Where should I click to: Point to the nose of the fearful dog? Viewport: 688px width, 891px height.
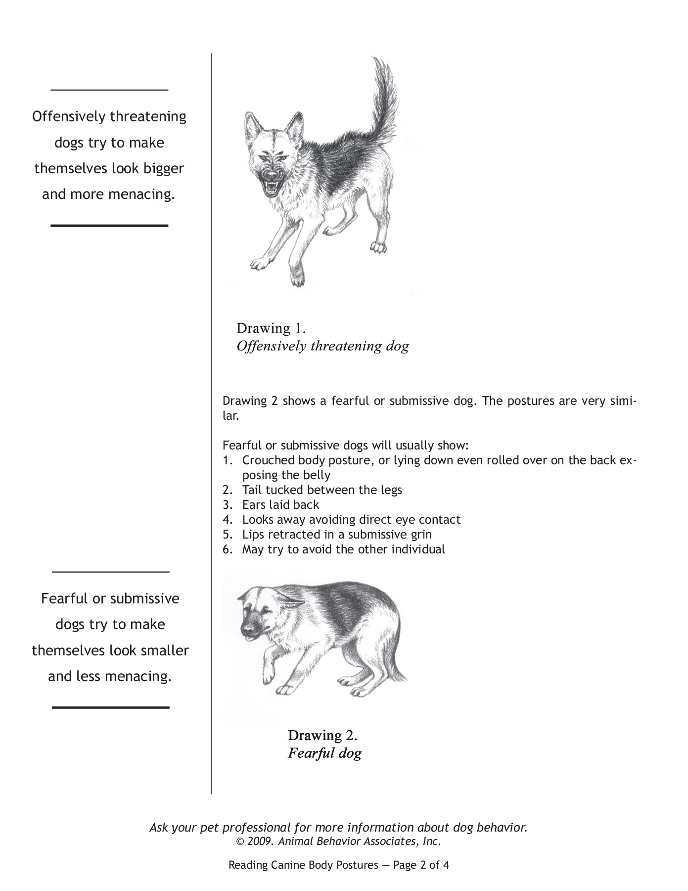[246, 631]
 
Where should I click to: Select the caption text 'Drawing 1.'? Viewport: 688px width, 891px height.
[271, 328]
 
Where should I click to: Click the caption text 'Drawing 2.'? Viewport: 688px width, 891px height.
[322, 735]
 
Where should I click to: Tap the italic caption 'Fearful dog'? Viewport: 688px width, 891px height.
[324, 753]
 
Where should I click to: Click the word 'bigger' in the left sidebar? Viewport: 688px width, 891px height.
[164, 168]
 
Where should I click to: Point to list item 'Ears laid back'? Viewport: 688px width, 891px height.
[280, 505]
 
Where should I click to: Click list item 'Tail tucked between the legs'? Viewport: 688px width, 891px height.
[321, 490]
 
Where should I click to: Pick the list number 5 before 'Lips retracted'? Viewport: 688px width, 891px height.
[227, 535]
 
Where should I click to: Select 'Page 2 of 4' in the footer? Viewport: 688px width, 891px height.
[421, 865]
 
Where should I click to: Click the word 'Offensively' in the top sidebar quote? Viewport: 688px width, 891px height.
[69, 117]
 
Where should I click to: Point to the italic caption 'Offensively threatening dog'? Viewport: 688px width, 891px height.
[322, 346]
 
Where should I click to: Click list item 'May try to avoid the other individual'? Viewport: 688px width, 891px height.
[343, 549]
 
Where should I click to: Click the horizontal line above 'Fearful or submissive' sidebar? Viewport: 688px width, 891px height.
[110, 572]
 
